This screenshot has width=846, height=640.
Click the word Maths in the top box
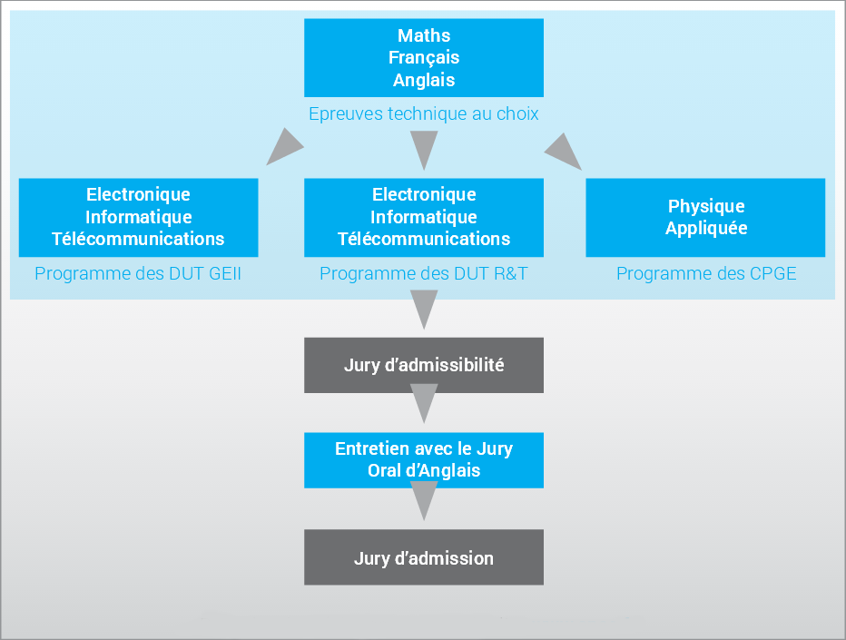(x=424, y=35)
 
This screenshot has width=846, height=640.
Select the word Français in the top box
(x=424, y=58)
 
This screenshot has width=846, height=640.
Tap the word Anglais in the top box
(x=424, y=80)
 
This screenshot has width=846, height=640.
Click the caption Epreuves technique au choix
(x=424, y=113)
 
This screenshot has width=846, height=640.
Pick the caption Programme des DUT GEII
(x=138, y=273)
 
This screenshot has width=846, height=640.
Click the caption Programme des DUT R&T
(x=424, y=273)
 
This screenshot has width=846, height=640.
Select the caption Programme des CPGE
(x=706, y=273)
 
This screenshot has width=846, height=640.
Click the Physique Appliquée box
(x=705, y=218)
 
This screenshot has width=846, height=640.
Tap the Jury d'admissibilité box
(x=424, y=365)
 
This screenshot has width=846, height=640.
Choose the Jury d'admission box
(x=424, y=556)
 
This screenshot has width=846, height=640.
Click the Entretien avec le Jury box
(x=424, y=460)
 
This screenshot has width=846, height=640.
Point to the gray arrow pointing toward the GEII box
(x=284, y=147)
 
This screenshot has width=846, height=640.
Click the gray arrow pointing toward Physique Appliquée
(x=564, y=152)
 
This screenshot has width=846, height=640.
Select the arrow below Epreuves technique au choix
(x=424, y=147)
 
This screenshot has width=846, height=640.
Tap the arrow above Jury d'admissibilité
(x=424, y=307)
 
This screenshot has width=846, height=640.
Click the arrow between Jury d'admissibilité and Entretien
(x=424, y=400)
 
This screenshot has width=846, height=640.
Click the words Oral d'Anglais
(x=424, y=470)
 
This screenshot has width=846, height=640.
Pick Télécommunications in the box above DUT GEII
(x=138, y=239)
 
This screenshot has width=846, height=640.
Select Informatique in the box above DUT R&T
(x=424, y=217)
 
